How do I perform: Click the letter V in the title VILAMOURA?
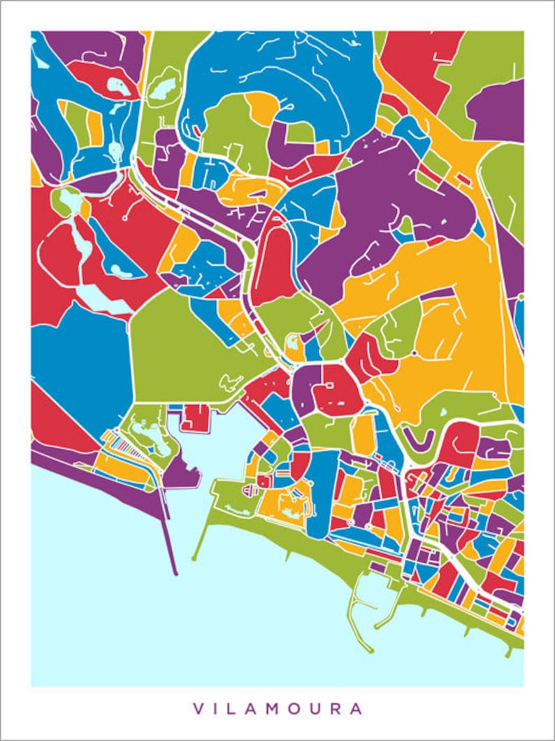(x=197, y=709)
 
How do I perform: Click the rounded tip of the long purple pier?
(x=175, y=572)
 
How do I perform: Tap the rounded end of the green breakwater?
(x=194, y=559)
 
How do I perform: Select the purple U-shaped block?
(x=422, y=439)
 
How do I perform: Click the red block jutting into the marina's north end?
(x=196, y=418)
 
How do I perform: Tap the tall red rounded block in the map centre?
(x=273, y=267)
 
